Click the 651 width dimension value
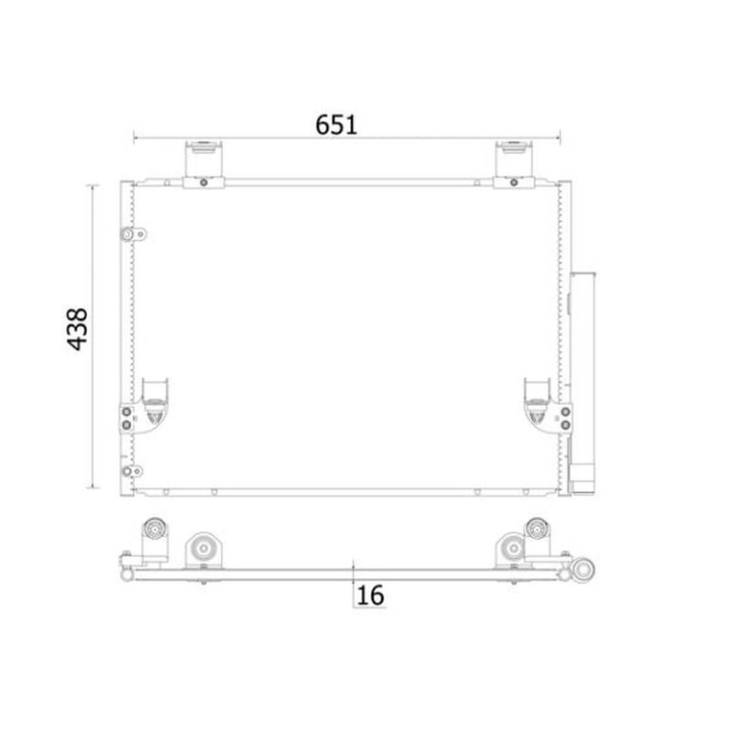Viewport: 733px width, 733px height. click(x=336, y=125)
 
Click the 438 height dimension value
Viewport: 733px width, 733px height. click(x=78, y=329)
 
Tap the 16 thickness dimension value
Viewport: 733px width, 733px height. click(x=370, y=595)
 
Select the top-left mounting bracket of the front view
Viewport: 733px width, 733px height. click(x=203, y=164)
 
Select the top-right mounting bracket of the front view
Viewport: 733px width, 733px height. click(x=514, y=164)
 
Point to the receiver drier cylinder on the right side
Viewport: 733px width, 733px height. click(x=583, y=382)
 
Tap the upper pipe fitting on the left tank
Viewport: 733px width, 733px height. click(x=133, y=234)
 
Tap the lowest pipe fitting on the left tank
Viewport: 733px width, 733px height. click(x=131, y=471)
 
